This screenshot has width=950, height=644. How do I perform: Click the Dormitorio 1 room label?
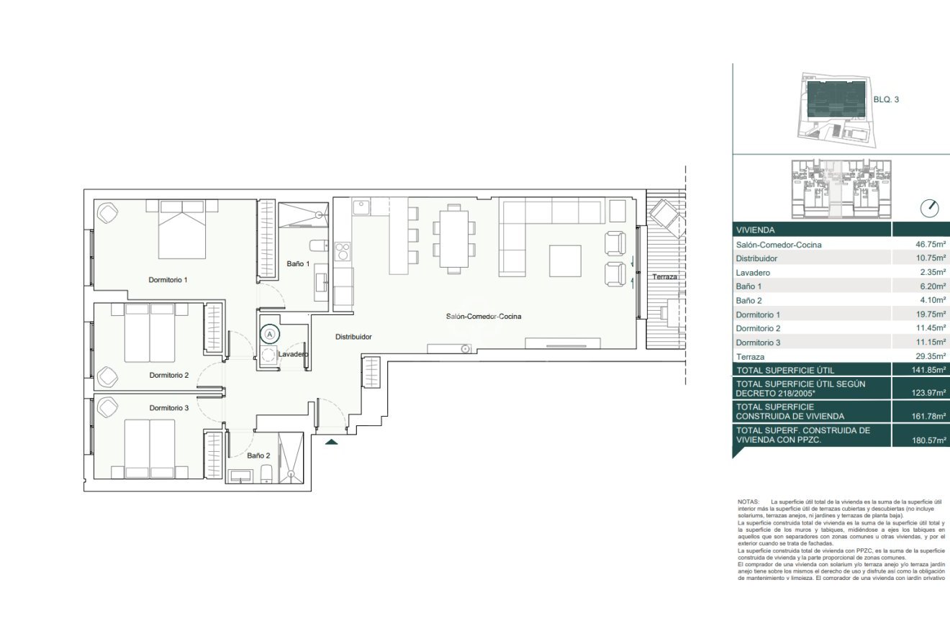click(x=168, y=279)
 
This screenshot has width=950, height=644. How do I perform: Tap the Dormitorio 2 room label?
click(x=169, y=375)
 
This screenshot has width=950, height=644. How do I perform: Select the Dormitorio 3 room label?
click(x=169, y=408)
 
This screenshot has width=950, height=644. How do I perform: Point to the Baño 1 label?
click(x=298, y=264)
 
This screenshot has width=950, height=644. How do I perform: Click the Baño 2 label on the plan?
click(x=258, y=455)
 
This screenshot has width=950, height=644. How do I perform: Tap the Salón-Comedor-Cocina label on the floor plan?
click(x=482, y=317)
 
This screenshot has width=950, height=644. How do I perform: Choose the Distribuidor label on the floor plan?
click(x=353, y=337)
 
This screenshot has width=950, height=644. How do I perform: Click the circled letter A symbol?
click(x=270, y=333)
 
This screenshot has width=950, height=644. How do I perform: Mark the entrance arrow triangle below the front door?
click(x=331, y=442)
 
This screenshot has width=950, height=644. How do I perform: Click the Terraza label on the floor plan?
click(x=665, y=277)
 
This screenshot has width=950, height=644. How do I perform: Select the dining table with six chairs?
click(x=453, y=239)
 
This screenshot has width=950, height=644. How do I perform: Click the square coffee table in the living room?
click(x=565, y=260)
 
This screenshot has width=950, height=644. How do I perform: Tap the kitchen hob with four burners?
click(x=343, y=250)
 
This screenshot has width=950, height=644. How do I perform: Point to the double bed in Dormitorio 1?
click(x=182, y=229)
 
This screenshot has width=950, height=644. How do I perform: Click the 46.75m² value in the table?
click(x=930, y=245)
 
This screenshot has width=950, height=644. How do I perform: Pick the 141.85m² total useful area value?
click(x=928, y=370)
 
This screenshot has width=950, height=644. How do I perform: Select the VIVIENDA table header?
click(x=754, y=230)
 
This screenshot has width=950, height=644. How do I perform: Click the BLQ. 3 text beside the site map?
click(x=886, y=100)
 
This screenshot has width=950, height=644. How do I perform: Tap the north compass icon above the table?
click(x=930, y=209)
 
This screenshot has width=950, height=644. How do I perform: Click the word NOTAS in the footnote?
click(x=748, y=501)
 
